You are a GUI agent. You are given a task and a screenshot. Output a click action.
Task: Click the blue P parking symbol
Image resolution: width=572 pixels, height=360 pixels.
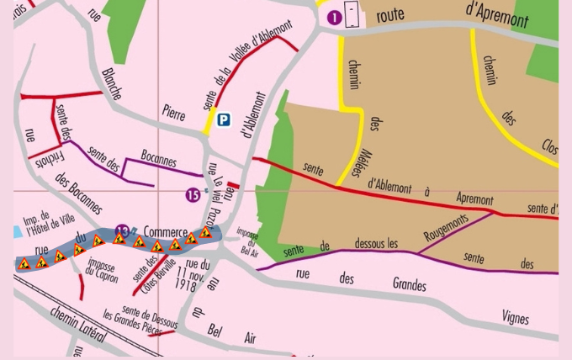pyautogui.click(x=223, y=120)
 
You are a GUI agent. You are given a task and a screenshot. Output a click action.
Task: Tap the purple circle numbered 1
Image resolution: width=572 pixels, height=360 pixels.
pyautogui.click(x=334, y=17)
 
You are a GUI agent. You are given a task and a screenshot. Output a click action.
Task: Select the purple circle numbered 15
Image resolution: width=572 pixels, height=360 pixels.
pyautogui.click(x=193, y=195)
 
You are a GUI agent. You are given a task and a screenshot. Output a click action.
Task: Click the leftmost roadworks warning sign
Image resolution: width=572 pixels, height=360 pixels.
pyautogui.click(x=24, y=263)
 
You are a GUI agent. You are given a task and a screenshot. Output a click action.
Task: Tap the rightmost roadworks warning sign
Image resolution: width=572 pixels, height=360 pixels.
pyautogui.click(x=205, y=233)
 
